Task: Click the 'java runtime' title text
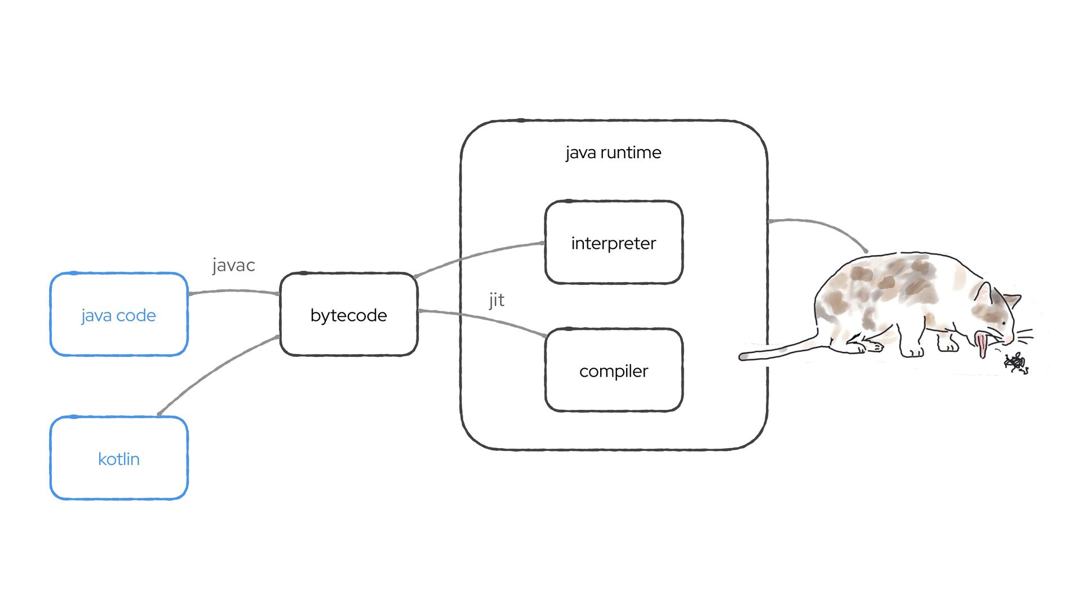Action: coord(613,153)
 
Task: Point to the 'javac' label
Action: coord(234,265)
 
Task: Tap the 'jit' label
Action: coord(496,300)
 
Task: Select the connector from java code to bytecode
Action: coord(234,291)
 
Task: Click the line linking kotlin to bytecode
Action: coord(214,371)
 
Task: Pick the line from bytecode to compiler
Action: coord(485,319)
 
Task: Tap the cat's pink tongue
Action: coord(982,345)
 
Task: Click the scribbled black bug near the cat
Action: coord(1016,363)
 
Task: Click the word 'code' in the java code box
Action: coord(136,316)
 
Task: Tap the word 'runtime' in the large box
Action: coord(631,153)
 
